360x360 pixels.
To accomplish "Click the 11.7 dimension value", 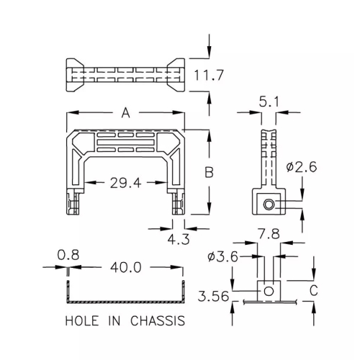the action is [209, 75].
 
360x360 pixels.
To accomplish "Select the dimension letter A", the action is [125, 113].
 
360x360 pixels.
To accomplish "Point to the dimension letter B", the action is [210, 172].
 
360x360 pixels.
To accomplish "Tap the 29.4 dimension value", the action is [125, 183].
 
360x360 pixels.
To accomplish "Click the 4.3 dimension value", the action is [179, 239].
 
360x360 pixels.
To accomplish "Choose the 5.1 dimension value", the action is [269, 102].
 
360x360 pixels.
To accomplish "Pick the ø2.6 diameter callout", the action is [302, 167].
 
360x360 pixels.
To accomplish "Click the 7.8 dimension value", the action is [269, 234].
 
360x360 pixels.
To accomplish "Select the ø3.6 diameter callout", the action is [222, 257].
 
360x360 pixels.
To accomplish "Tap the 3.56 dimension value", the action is [213, 296].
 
